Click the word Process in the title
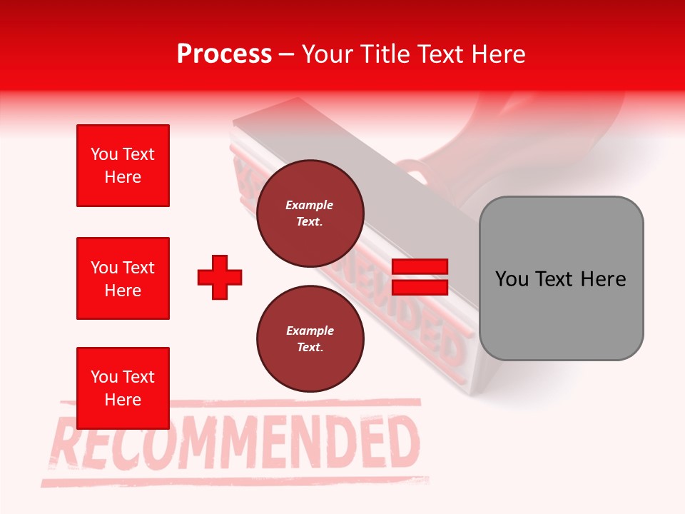click(x=224, y=54)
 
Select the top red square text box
click(x=123, y=166)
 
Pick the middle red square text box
click(x=123, y=278)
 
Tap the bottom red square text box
click(x=123, y=388)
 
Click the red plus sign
click(x=220, y=277)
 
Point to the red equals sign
click(x=420, y=277)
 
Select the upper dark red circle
click(x=310, y=213)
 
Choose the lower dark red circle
click(x=310, y=339)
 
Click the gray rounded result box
click(x=561, y=278)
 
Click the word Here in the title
click(x=499, y=54)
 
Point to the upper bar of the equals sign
click(x=420, y=267)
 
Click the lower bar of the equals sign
click(x=420, y=287)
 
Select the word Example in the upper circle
click(x=310, y=205)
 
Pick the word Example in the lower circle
click(x=310, y=331)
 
